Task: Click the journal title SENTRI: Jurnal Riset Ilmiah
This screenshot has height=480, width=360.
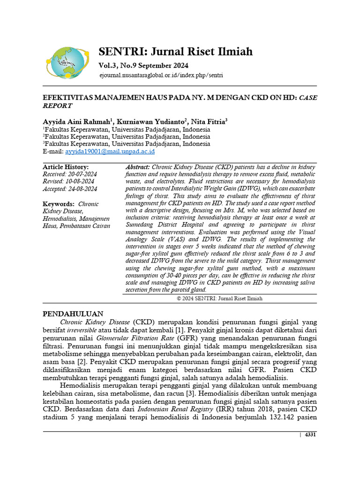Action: click(x=175, y=51)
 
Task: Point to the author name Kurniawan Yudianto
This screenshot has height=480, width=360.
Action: click(x=149, y=121)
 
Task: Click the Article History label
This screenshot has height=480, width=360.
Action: click(x=66, y=167)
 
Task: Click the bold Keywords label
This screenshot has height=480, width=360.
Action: click(x=59, y=204)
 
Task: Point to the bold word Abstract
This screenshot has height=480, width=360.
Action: click(x=138, y=167)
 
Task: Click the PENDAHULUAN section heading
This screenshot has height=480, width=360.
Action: click(x=73, y=313)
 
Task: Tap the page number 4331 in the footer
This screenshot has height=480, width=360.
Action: click(x=310, y=435)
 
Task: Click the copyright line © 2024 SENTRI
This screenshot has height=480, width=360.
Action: click(x=219, y=298)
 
